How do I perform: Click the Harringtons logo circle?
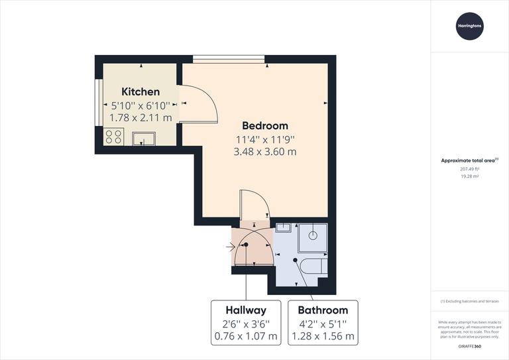(x=469, y=26)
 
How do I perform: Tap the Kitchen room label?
(x=141, y=92)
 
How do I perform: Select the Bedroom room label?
(x=264, y=125)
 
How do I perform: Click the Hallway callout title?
(x=246, y=310)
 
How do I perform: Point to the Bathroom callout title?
(x=323, y=310)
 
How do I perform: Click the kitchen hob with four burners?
(x=113, y=137)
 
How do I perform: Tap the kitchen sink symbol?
(x=143, y=138)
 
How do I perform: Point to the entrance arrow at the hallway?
(x=231, y=248)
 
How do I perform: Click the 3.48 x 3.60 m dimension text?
(x=264, y=151)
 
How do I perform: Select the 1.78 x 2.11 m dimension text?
(x=141, y=117)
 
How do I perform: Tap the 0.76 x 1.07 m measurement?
(x=246, y=335)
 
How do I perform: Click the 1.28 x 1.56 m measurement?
(x=323, y=335)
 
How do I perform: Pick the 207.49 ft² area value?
(x=469, y=169)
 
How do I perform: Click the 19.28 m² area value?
(x=469, y=177)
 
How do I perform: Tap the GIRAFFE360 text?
(x=469, y=347)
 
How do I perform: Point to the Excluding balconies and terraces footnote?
(x=469, y=302)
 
